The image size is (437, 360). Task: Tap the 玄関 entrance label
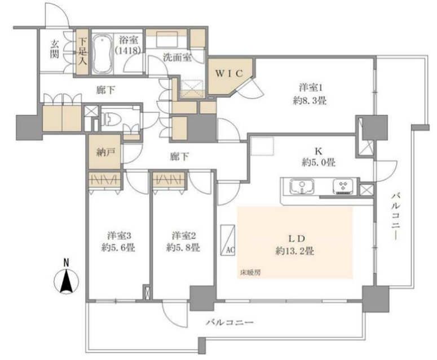click(x=54, y=48)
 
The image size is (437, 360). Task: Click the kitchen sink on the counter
click(x=301, y=185)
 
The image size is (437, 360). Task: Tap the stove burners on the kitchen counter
click(x=343, y=185)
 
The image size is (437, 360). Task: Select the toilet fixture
click(x=111, y=120)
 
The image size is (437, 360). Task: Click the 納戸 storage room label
click(x=103, y=152)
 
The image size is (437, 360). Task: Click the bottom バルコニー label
click(x=226, y=323)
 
